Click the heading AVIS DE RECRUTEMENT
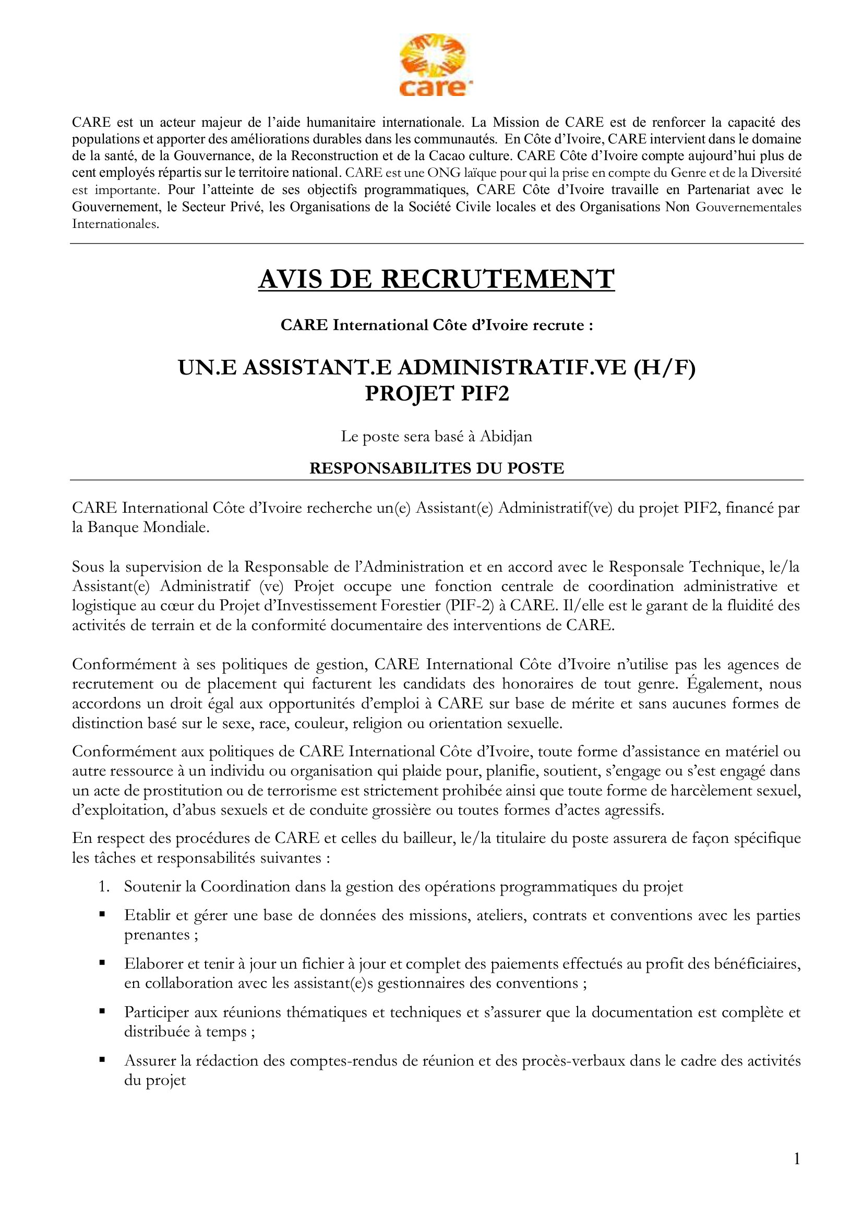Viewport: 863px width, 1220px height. click(x=436, y=279)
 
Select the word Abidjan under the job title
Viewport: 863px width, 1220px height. click(x=506, y=436)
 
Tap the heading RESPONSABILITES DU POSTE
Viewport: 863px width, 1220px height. click(x=436, y=468)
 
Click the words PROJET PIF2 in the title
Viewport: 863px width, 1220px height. click(x=436, y=394)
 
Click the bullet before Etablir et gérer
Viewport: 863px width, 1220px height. click(x=102, y=914)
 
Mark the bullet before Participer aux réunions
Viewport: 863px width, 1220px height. click(x=102, y=1011)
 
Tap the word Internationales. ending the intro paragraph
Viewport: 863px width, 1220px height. click(x=115, y=224)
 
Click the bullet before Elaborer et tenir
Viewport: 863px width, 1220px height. click(x=102, y=962)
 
